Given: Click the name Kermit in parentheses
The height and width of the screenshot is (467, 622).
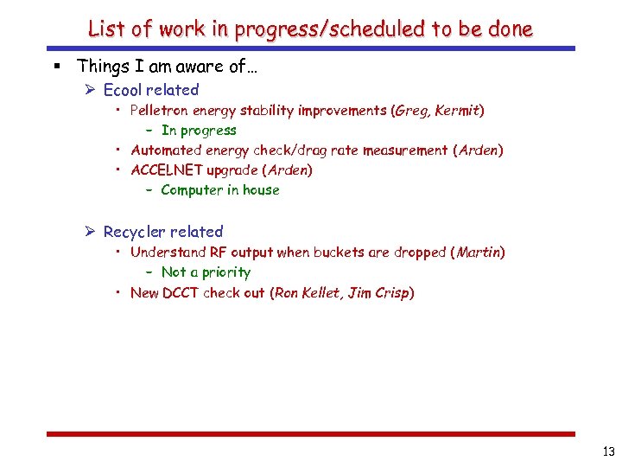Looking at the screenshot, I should (459, 111).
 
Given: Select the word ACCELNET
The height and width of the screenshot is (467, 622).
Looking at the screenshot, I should (166, 170).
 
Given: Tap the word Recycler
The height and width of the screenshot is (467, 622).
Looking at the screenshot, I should (134, 232).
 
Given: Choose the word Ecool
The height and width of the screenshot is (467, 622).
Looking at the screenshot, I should (123, 90).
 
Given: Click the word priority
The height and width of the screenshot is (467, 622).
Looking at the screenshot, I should (222, 272).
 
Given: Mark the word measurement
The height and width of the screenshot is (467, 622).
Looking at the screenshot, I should (404, 150).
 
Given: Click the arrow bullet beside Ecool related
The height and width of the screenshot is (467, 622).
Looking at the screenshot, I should (92, 90).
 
